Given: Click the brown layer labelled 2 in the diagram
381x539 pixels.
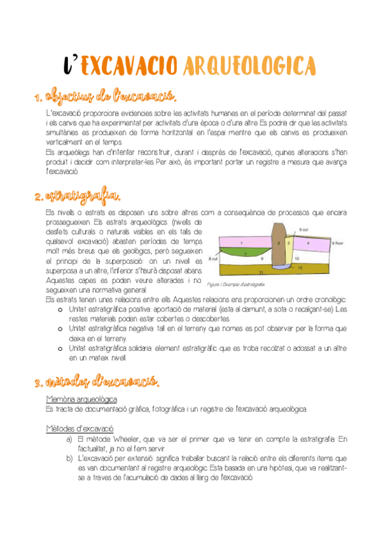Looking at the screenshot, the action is coord(278,243).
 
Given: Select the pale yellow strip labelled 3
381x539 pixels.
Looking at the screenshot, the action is coord(288,243).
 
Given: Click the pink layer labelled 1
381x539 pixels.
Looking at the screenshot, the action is coord(242,243).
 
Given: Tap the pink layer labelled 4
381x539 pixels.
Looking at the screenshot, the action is coord(308,243).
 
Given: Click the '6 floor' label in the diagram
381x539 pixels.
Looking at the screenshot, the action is coord(336,243).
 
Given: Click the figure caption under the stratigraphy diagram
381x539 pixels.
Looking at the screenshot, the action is coord(235,283).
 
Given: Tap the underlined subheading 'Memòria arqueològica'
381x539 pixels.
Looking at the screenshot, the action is coord(81,399).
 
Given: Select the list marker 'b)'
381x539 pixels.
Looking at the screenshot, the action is coord(69,458).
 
